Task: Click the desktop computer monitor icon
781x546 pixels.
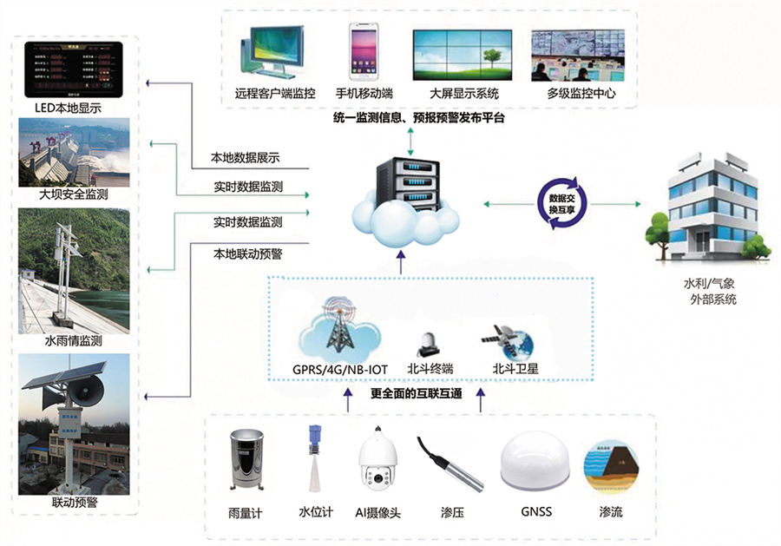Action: pos(275,52)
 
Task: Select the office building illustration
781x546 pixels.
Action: pos(708,208)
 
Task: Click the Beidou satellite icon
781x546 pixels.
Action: pos(509,340)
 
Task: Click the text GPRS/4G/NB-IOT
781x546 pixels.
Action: pos(335,369)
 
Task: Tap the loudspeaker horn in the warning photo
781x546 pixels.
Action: pos(90,394)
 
